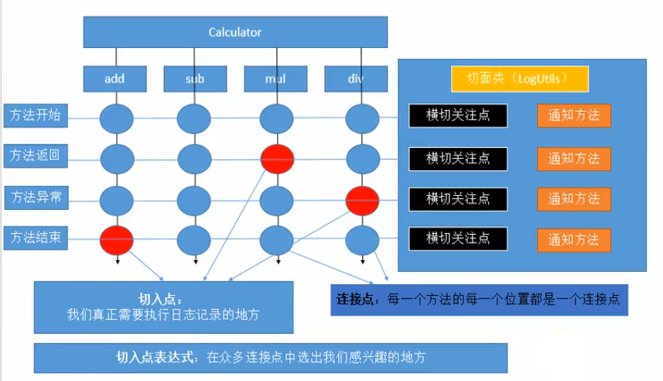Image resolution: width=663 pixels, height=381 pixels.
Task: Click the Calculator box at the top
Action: [235, 32]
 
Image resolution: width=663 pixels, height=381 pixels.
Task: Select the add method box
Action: [115, 79]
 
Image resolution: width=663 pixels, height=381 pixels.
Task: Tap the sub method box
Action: [195, 79]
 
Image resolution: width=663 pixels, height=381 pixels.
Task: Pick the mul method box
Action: [275, 79]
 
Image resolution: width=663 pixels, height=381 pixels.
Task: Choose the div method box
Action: [355, 79]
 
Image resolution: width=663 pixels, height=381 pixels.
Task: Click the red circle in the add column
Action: [117, 239]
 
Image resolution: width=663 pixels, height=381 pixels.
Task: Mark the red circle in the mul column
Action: [277, 159]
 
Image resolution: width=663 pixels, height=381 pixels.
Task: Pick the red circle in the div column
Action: [362, 200]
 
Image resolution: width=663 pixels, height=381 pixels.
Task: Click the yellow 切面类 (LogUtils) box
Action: [520, 78]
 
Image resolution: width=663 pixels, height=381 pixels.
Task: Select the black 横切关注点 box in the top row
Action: [458, 115]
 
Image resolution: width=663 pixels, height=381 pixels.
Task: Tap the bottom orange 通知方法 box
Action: [574, 239]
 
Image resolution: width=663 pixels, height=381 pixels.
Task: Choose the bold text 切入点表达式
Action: [154, 357]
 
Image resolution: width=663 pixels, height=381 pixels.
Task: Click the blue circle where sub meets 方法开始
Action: [194, 119]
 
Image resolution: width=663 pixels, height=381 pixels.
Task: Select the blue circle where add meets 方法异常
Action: [117, 200]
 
